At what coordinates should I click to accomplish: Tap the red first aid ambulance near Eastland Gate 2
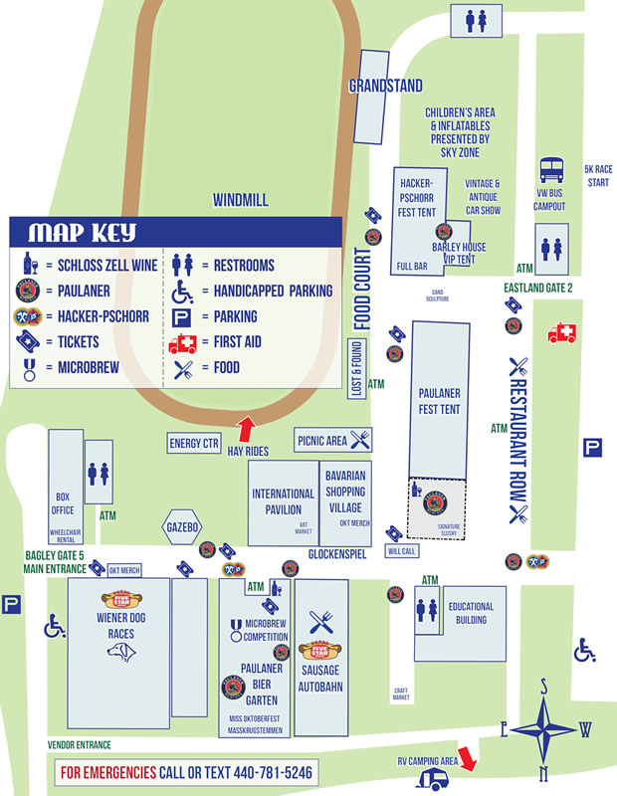coord(561,333)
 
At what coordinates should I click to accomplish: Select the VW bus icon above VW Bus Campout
coord(550,171)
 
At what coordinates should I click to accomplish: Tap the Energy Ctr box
coord(194,444)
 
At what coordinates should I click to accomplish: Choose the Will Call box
coord(402,549)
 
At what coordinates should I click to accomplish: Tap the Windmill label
coord(240,200)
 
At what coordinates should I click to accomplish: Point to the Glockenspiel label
coord(333,555)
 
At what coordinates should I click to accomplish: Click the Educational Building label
coord(471,612)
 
